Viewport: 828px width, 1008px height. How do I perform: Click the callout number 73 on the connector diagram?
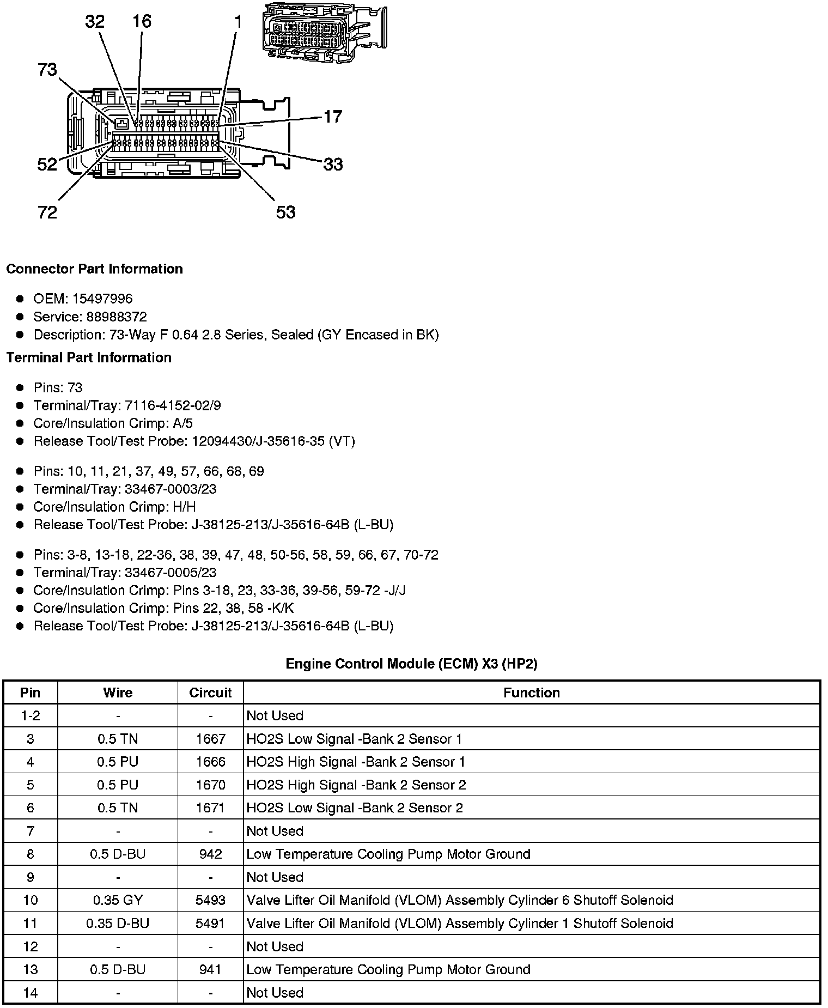47,70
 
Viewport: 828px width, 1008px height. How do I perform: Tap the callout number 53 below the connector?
285,212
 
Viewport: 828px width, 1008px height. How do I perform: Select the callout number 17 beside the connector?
333,117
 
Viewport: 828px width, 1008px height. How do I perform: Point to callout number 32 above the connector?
95,22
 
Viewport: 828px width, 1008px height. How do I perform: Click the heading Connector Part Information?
95,269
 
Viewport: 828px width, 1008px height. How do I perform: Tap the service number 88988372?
116,317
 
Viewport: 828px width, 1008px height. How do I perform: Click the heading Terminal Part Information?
89,357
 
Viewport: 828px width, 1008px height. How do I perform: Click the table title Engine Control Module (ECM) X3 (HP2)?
411,664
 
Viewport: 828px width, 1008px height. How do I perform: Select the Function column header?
531,693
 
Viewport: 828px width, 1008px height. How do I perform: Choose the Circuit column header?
210,693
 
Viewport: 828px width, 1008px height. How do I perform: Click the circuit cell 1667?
210,739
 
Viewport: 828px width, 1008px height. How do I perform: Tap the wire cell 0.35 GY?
118,900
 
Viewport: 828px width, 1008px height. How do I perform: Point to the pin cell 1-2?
30,715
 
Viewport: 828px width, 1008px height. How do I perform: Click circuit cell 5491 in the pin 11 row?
210,924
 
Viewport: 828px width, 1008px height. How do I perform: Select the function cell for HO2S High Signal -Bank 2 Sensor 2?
356,785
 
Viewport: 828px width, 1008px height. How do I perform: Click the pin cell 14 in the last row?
30,992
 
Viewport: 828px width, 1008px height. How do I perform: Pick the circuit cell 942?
210,854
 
